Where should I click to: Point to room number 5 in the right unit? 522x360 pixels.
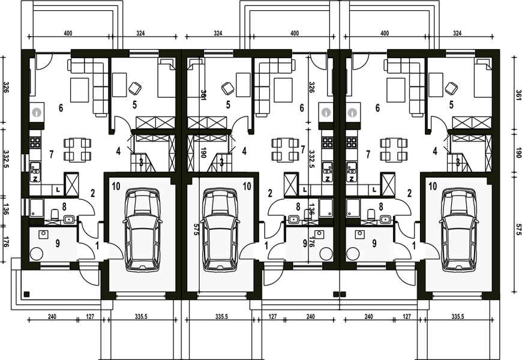[x=451, y=104]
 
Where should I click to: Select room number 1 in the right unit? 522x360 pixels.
[x=414, y=245]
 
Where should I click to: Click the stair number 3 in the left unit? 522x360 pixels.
[x=141, y=161]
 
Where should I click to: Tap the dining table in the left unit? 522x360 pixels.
[x=78, y=149]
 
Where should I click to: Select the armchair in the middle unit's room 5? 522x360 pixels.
[x=227, y=88]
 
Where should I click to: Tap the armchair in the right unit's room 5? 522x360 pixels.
[x=451, y=88]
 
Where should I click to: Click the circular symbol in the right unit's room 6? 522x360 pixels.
[x=353, y=111]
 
